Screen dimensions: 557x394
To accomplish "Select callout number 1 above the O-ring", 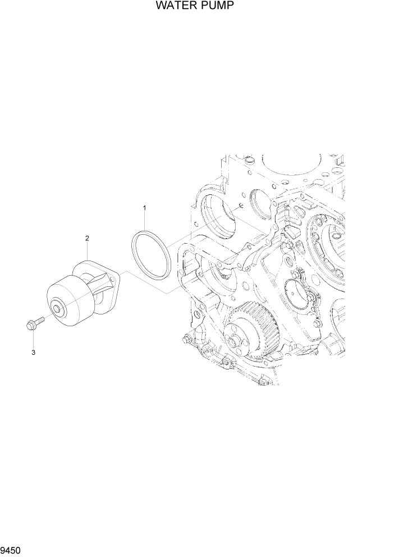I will click(x=144, y=208).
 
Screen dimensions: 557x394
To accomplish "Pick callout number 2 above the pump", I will click(x=87, y=239).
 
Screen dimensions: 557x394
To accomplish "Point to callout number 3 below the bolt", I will click(x=33, y=353).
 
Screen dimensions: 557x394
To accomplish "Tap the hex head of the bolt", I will click(x=30, y=323).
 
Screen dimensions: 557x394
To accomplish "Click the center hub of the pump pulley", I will click(x=57, y=308).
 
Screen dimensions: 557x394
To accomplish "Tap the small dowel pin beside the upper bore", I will click(x=238, y=206).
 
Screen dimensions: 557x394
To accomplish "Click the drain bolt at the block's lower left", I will click(x=185, y=339).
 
